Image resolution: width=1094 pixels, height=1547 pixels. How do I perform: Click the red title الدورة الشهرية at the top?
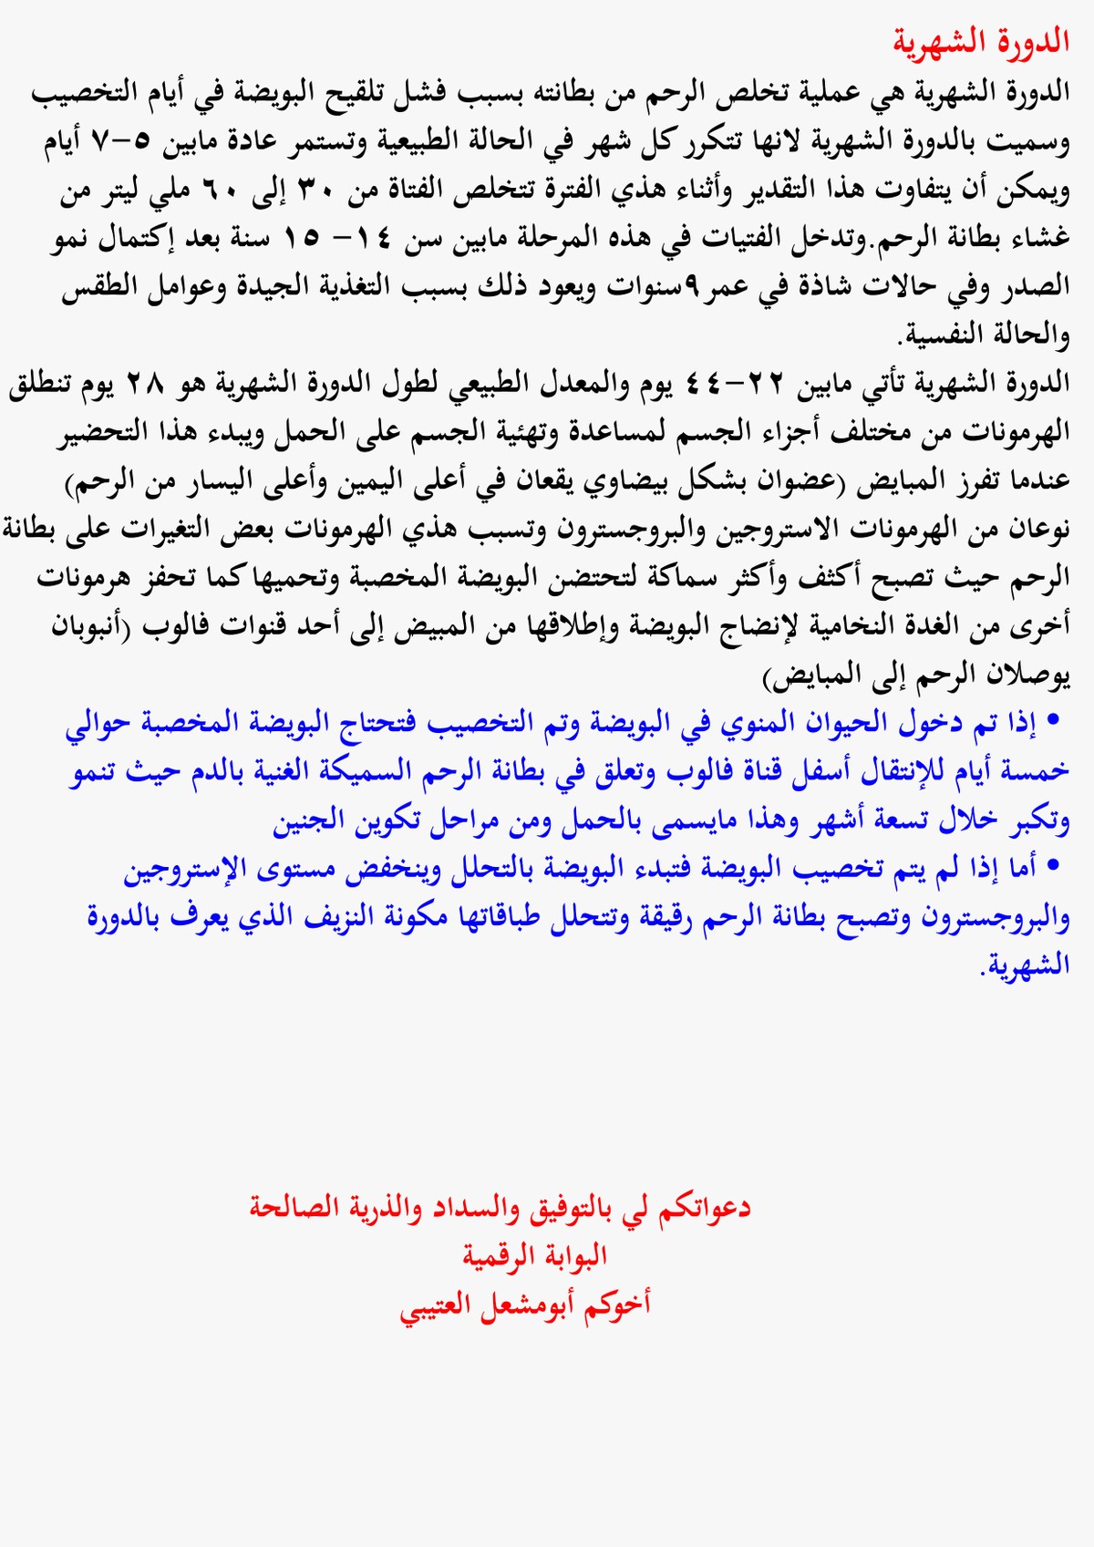tap(981, 42)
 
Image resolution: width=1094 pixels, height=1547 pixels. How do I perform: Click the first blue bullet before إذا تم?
tap(1055, 721)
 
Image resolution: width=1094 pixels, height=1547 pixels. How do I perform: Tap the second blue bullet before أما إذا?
tap(1055, 865)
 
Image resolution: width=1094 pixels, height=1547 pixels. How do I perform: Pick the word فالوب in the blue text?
tap(687, 771)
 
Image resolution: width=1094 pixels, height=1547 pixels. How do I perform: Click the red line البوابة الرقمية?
tap(534, 1256)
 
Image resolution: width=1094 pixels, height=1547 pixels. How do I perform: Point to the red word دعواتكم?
tap(705, 1209)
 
